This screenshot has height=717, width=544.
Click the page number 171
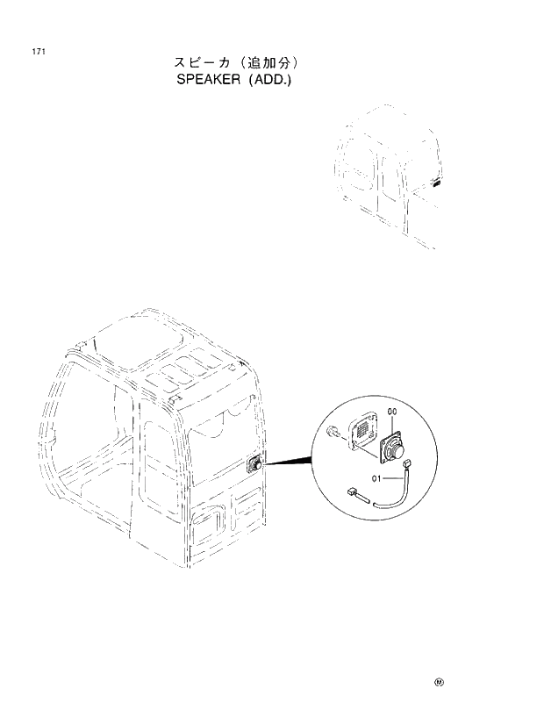point(39,51)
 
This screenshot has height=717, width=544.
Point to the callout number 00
point(392,412)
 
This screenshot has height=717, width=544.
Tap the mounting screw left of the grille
point(333,432)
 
